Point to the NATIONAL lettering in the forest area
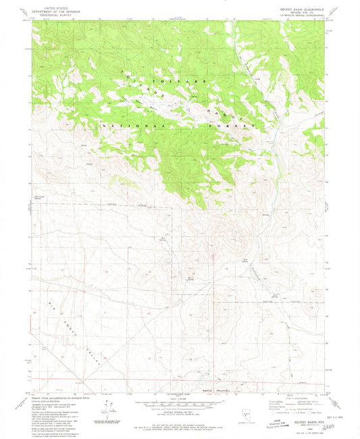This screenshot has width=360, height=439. [126, 126]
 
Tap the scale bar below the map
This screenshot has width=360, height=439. [179, 405]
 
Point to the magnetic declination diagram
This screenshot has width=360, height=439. [105, 411]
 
